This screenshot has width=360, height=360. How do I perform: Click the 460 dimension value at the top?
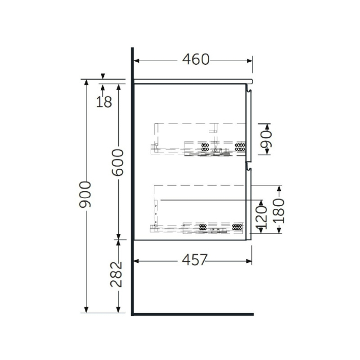(196, 60)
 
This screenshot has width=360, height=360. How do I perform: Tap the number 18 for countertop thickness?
(104, 102)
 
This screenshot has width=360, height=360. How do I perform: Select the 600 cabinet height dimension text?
(118, 162)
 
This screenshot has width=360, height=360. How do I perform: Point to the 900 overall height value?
(86, 194)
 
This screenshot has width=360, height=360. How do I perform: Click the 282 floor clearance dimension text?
(118, 275)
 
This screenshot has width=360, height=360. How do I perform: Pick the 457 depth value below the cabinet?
(193, 261)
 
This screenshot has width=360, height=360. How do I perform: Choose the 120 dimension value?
(261, 216)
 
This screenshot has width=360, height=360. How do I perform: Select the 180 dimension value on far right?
(278, 210)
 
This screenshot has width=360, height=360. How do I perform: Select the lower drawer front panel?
(248, 203)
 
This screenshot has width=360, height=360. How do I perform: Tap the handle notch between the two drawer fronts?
(248, 166)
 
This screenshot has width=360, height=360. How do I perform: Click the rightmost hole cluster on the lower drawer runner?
(237, 226)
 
